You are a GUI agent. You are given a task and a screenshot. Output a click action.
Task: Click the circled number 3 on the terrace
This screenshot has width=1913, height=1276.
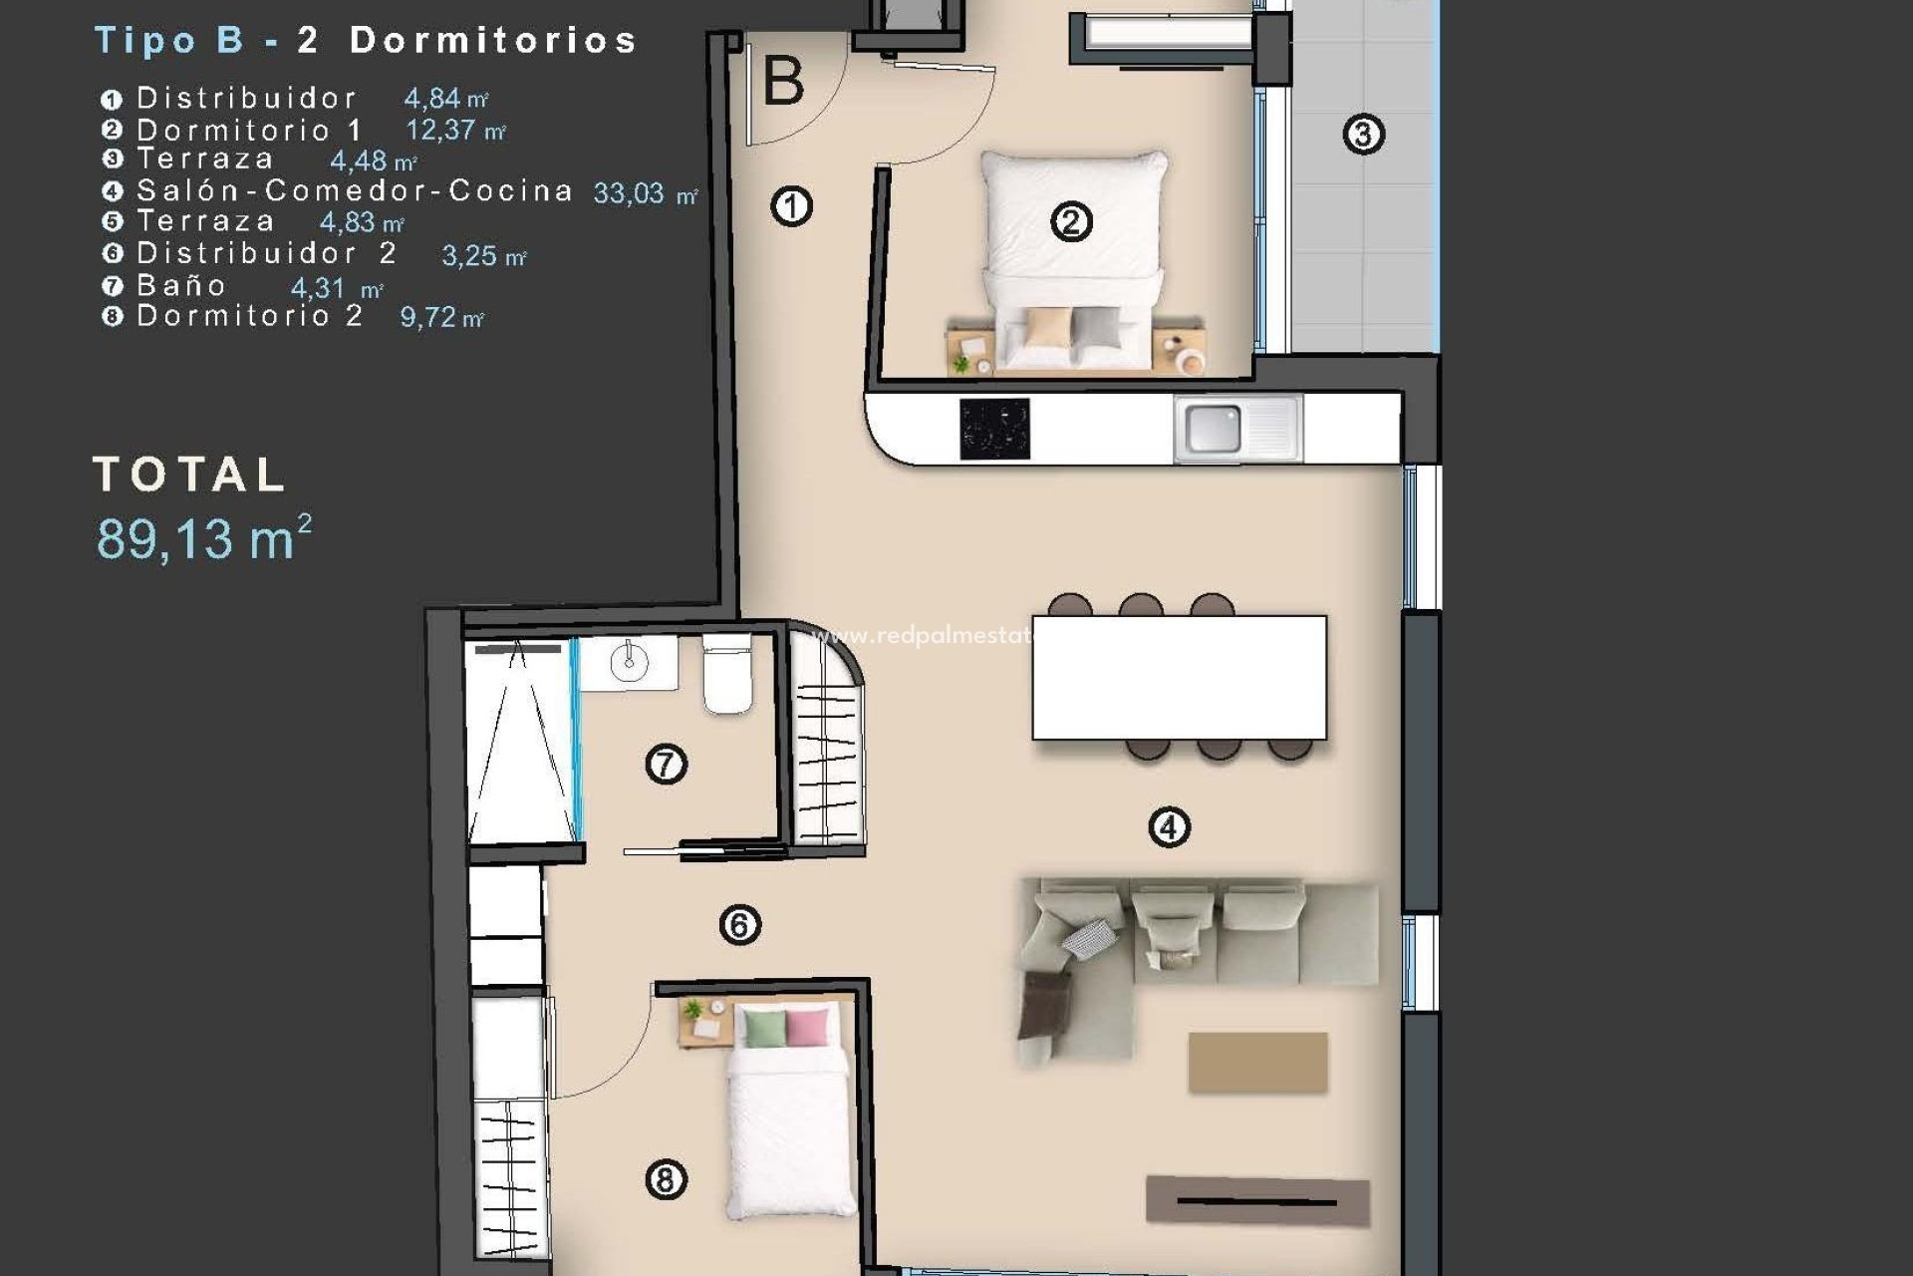[1363, 134]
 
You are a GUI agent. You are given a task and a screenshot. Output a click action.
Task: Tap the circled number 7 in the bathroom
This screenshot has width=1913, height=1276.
[666, 765]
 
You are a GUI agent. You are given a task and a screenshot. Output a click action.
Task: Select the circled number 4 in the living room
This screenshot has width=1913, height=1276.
[1169, 826]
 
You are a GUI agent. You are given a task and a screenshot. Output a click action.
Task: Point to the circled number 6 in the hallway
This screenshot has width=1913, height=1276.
[739, 925]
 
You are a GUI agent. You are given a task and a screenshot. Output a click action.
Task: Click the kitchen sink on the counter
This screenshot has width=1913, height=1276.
[1213, 429]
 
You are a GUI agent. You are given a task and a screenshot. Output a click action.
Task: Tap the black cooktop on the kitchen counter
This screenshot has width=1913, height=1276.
[993, 430]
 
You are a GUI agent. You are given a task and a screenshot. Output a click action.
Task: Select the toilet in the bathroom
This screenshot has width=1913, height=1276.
[727, 674]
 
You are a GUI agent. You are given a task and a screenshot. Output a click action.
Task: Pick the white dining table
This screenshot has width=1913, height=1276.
[1179, 677]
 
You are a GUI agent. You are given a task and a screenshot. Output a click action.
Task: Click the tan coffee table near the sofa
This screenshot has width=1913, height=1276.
[1257, 1062]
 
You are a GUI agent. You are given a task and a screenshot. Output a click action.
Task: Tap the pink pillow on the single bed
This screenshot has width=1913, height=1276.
[807, 1028]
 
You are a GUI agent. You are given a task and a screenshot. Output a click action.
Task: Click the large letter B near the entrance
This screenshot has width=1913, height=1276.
[783, 82]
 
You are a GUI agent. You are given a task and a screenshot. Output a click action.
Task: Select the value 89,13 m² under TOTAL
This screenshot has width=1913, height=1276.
[203, 538]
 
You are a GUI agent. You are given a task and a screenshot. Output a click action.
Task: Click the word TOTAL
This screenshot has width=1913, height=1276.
[189, 475]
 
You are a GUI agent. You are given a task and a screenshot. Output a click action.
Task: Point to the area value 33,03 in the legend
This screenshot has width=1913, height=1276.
[629, 193]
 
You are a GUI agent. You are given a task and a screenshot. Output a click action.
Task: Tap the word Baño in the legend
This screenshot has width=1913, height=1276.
[181, 286]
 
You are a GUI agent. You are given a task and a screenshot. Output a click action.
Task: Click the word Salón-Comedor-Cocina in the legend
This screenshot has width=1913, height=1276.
[355, 190]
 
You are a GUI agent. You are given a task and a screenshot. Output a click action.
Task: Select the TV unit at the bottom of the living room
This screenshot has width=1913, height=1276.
[1257, 1200]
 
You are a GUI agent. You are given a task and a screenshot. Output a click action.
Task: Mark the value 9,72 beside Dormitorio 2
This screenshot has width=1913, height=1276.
[428, 317]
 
